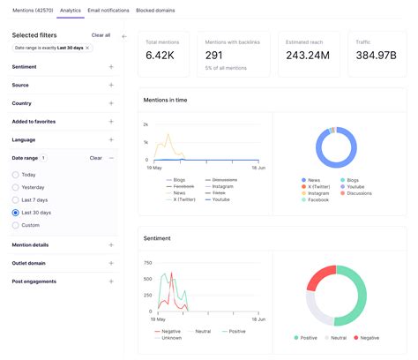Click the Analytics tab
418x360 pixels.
[x=71, y=11]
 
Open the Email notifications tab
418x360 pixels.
[x=108, y=11]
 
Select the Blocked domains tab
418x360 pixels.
[x=155, y=11]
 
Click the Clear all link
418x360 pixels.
[x=101, y=35]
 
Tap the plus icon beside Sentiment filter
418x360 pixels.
[x=111, y=66]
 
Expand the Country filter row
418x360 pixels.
[x=111, y=103]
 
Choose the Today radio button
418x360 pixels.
[x=16, y=175]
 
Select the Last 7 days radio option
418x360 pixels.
[x=16, y=200]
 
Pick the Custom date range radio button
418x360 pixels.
[x=16, y=225]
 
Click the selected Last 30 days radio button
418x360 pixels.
[x=16, y=213]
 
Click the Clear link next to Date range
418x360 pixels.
[x=96, y=158]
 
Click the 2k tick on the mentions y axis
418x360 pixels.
[x=146, y=125]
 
